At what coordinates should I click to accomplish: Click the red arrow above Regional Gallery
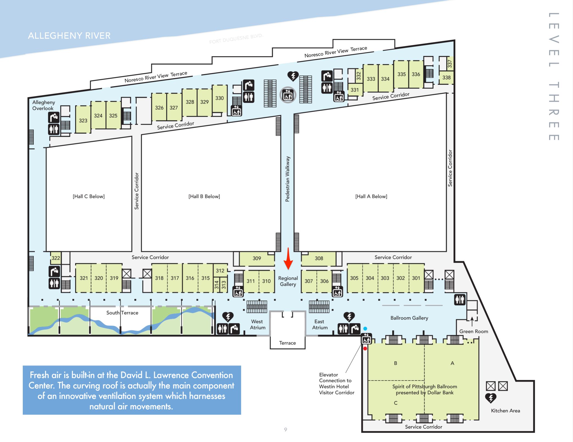pyautogui.click(x=288, y=258)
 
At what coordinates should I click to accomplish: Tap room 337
pyautogui.click(x=450, y=64)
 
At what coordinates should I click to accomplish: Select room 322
pyautogui.click(x=56, y=258)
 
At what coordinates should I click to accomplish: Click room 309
pyautogui.click(x=257, y=258)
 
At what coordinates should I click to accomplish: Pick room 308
pyautogui.click(x=319, y=258)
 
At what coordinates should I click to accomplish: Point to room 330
pyautogui.click(x=220, y=98)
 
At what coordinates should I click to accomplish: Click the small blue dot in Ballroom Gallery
pyautogui.click(x=365, y=329)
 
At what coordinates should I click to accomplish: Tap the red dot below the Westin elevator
pyautogui.click(x=365, y=348)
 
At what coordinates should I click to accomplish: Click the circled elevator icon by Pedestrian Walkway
pyautogui.click(x=288, y=95)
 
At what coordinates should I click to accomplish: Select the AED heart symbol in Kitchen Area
pyautogui.click(x=491, y=398)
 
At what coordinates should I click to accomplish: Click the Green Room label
pyautogui.click(x=474, y=331)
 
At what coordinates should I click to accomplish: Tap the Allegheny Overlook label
pyautogui.click(x=44, y=105)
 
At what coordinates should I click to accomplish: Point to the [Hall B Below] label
pyautogui.click(x=204, y=196)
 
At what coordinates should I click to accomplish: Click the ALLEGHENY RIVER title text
pyautogui.click(x=69, y=36)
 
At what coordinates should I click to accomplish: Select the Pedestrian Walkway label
pyautogui.click(x=287, y=179)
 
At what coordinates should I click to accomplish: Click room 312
pyautogui.click(x=220, y=271)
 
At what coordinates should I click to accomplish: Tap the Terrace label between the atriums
pyautogui.click(x=287, y=343)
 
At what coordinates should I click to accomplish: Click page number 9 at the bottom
pyautogui.click(x=286, y=430)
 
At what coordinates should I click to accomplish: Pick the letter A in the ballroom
pyautogui.click(x=452, y=363)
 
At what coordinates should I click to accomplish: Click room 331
pyautogui.click(x=355, y=90)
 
